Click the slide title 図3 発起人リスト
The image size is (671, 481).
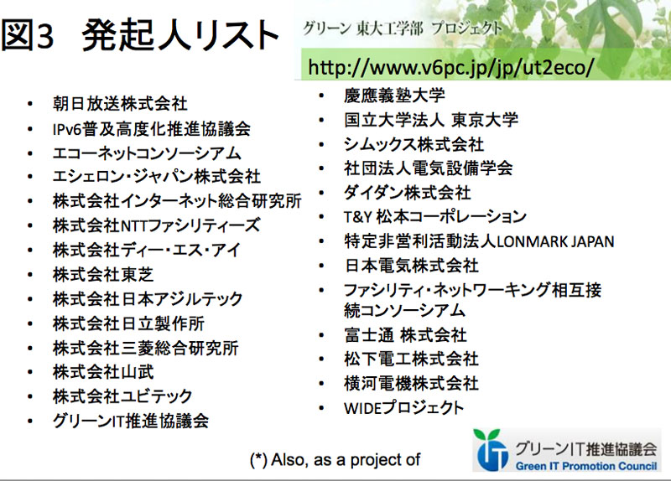[139, 35]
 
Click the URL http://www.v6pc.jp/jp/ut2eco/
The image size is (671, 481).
[451, 67]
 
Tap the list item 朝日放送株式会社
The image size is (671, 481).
[120, 104]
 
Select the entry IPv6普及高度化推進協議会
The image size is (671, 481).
[152, 129]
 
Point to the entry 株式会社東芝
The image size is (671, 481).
[103, 275]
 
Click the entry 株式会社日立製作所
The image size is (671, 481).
[128, 323]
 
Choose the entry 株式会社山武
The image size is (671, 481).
[103, 372]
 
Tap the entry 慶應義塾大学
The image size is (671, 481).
[394, 95]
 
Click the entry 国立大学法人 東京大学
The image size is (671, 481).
[431, 120]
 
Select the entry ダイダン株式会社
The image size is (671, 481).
[408, 193]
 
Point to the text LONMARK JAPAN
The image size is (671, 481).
[555, 241]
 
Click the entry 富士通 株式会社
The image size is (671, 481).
[405, 335]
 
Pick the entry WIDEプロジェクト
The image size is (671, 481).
[404, 408]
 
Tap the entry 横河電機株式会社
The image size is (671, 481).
[411, 384]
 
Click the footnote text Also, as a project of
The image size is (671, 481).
[335, 460]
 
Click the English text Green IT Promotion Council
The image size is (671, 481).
[585, 466]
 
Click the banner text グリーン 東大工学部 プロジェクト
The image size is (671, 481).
[403, 28]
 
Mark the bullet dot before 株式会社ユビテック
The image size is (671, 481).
[29, 396]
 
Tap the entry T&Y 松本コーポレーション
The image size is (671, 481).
[435, 217]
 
